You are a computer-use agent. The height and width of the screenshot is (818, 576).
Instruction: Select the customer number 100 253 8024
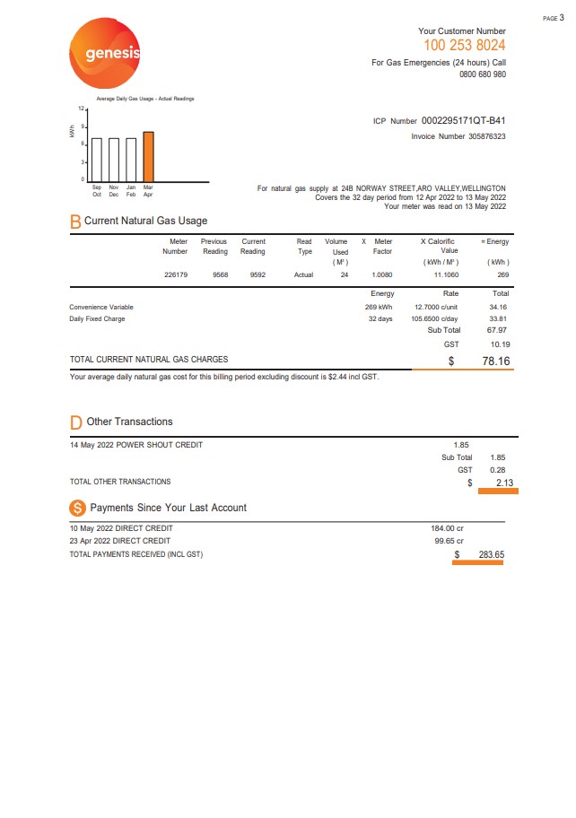point(464,46)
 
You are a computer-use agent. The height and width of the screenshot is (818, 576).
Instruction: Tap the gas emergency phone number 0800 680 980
point(482,75)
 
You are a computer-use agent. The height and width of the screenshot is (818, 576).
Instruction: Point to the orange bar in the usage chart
point(148,156)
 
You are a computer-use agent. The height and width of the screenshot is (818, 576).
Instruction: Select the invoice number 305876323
point(474,137)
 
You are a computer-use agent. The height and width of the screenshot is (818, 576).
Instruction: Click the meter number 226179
point(175,275)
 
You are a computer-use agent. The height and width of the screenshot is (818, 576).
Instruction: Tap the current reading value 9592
point(257,275)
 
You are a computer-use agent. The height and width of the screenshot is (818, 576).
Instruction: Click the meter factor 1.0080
point(382,275)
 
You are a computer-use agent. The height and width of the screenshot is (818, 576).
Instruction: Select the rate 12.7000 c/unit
point(437,307)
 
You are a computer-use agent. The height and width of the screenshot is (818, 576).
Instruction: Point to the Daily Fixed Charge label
point(97,319)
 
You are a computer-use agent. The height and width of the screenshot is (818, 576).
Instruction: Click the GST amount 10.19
point(499,344)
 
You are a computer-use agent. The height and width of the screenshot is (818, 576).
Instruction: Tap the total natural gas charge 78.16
point(495,361)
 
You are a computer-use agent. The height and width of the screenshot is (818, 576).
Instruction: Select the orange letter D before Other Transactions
point(76,422)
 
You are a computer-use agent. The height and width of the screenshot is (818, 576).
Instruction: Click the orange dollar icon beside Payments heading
point(77,508)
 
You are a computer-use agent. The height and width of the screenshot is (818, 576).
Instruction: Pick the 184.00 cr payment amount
point(447,528)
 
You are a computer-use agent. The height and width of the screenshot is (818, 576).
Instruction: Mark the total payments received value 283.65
point(491,555)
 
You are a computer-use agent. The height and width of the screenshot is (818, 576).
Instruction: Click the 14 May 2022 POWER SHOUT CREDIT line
point(136,445)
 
